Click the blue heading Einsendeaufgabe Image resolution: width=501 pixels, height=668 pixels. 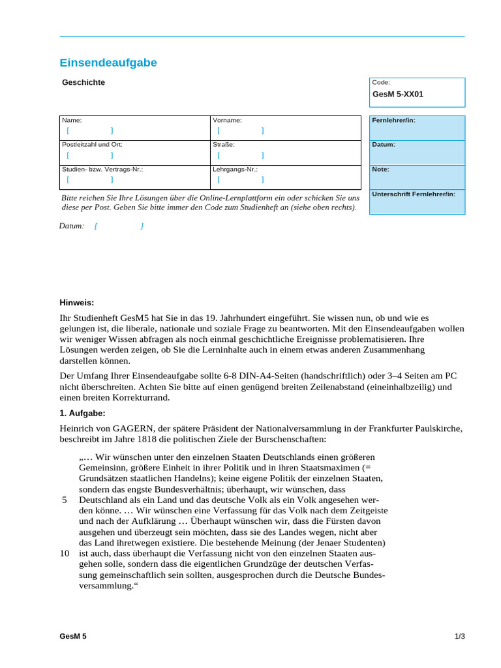108,63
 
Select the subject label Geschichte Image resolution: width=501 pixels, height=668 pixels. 83,82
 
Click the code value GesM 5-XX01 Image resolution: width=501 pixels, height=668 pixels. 398,94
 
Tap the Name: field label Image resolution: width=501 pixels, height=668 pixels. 72,121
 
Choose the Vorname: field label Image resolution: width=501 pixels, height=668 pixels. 227,121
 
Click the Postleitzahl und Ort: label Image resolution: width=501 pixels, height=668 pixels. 92,145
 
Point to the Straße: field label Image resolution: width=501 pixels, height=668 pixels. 224,145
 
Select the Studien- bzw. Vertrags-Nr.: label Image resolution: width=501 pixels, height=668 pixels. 102,169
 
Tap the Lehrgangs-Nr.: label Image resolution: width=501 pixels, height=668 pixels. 235,169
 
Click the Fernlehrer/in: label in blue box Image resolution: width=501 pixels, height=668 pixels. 393,121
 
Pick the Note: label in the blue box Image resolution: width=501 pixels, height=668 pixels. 380,170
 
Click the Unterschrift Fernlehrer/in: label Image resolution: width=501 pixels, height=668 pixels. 414,194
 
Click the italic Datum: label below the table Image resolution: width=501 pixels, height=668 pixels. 72,226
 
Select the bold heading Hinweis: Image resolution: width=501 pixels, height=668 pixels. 77,302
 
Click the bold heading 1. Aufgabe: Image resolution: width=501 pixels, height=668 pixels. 82,413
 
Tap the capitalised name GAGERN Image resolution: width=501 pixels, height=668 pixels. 134,428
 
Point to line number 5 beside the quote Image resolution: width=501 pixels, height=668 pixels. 65,500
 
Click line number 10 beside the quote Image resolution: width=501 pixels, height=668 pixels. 64,553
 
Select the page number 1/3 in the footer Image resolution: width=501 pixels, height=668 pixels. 459,636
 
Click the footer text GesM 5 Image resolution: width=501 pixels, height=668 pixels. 73,636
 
